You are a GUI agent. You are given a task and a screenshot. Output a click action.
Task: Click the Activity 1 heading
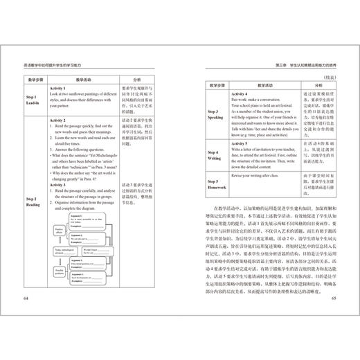click(62, 89)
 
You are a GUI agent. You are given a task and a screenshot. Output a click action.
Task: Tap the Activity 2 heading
click(62, 120)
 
